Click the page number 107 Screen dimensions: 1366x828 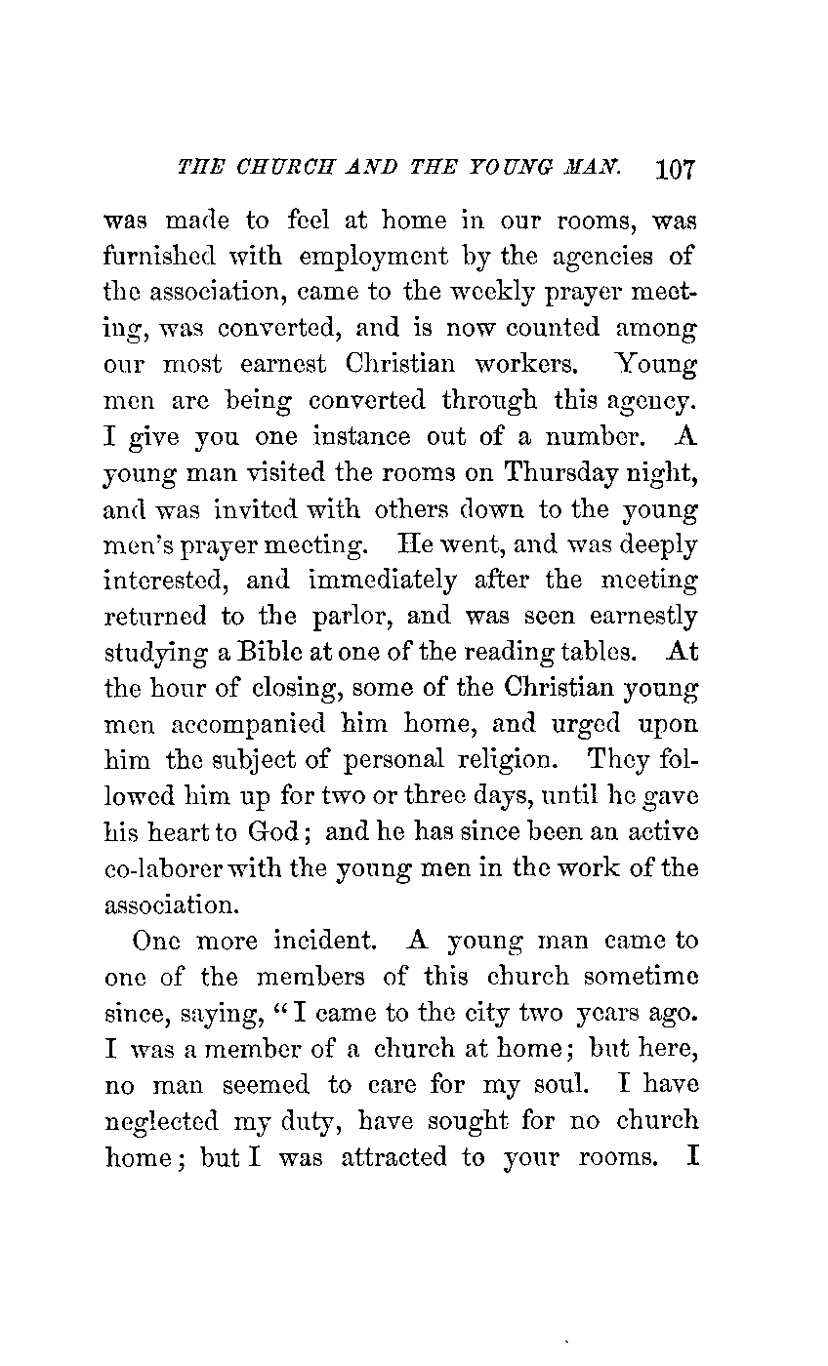[x=675, y=168]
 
